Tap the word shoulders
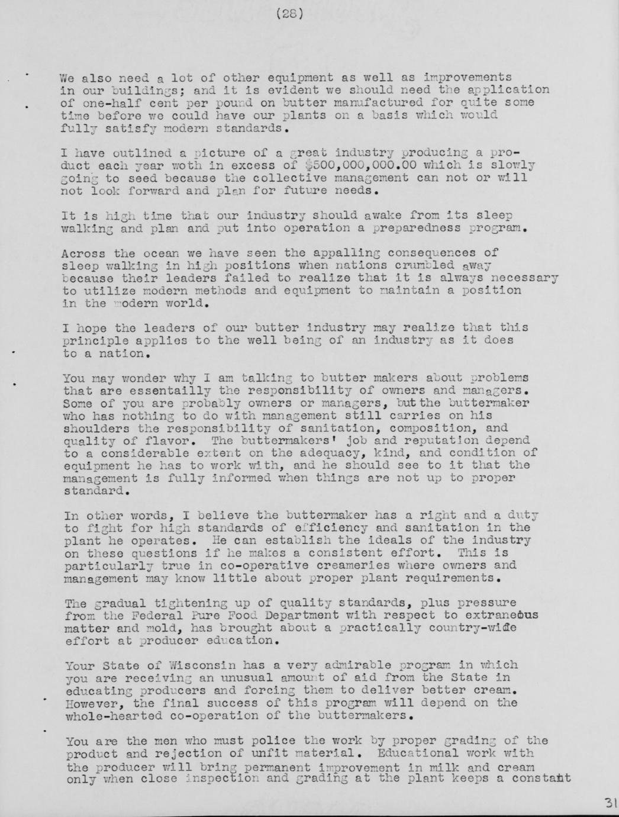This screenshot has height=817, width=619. click(96, 428)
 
